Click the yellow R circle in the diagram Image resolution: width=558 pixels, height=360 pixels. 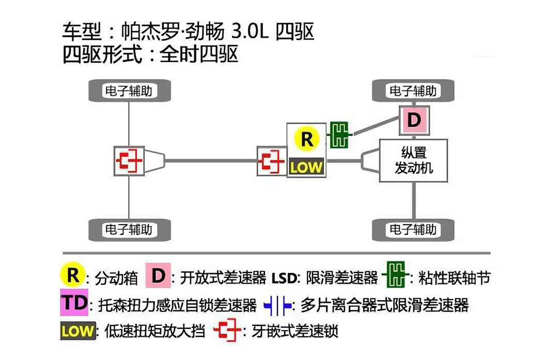click(306, 139)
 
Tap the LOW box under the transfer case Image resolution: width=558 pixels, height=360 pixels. click(306, 166)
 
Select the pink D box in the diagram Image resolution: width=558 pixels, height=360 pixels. click(414, 120)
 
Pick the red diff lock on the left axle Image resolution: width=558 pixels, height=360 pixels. click(128, 161)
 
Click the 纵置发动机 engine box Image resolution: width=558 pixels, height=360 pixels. click(413, 160)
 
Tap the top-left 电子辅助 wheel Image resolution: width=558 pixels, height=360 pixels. click(129, 91)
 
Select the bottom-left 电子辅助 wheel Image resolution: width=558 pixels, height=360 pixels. click(129, 229)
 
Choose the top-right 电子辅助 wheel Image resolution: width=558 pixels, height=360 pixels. click(413, 91)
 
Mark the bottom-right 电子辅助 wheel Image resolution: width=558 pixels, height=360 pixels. click(413, 229)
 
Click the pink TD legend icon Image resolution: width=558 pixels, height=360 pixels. click(74, 303)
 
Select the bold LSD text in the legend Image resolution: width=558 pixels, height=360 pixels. click(283, 278)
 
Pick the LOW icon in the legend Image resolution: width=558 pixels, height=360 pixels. click(78, 331)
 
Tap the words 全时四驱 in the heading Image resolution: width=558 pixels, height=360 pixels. click(199, 54)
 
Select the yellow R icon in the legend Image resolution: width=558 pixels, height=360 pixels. click(73, 276)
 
